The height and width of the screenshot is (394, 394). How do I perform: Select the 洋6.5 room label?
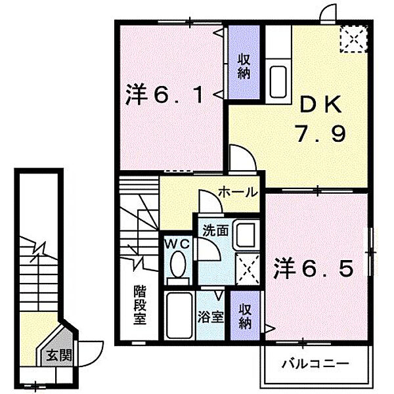(x=315, y=268)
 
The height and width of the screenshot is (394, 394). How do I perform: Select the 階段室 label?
(x=139, y=304)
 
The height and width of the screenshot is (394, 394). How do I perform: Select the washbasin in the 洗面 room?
(x=248, y=234)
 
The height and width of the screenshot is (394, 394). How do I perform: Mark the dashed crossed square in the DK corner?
(x=353, y=39)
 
